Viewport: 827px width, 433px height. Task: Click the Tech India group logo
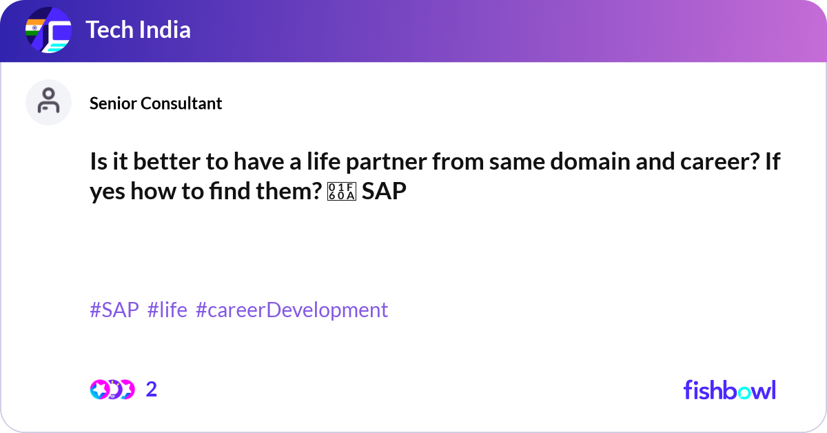48,30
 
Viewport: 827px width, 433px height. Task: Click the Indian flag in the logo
35,28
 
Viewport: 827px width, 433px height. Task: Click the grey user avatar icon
48,102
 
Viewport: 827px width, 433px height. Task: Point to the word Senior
113,103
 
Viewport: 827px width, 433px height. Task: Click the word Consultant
181,103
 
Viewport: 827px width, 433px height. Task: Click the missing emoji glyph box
342,192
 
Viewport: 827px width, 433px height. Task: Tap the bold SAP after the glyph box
384,192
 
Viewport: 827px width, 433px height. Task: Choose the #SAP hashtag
114,310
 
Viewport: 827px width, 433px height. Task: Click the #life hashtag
167,310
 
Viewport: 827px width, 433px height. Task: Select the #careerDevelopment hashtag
292,310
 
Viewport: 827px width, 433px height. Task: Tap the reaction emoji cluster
112,390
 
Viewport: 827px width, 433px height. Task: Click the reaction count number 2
152,390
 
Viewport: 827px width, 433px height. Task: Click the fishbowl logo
730,390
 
